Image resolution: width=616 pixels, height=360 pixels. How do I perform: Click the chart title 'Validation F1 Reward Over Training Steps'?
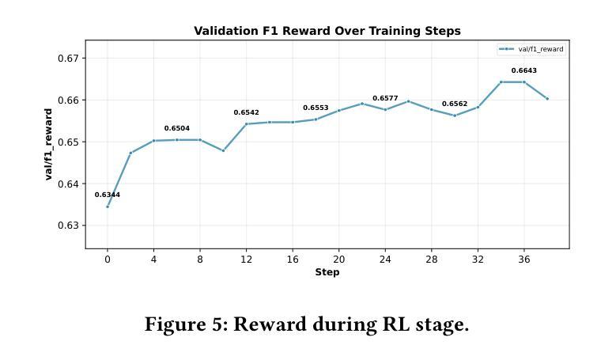327,31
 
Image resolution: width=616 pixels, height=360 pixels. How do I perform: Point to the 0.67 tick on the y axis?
68,59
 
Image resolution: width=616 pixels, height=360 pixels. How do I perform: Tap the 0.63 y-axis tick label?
68,226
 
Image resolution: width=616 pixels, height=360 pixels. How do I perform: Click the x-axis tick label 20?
338,259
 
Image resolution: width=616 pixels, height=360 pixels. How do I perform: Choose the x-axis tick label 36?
523,259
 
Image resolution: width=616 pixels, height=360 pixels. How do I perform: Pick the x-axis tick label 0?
108,259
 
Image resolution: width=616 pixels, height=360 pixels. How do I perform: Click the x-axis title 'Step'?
327,272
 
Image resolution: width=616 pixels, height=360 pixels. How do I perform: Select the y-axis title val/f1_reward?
49,145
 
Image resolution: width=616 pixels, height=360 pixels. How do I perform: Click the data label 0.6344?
108,195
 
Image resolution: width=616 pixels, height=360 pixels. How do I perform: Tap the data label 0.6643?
523,70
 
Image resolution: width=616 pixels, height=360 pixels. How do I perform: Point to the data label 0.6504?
177,128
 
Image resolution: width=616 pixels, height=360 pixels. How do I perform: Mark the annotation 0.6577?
385,98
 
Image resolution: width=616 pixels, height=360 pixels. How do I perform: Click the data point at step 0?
108,207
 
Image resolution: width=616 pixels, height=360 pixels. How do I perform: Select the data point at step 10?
223,150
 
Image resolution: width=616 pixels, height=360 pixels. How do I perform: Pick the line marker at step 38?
547,99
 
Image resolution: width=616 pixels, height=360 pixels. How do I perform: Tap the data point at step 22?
362,104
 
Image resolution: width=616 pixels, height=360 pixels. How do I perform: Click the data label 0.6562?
455,104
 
